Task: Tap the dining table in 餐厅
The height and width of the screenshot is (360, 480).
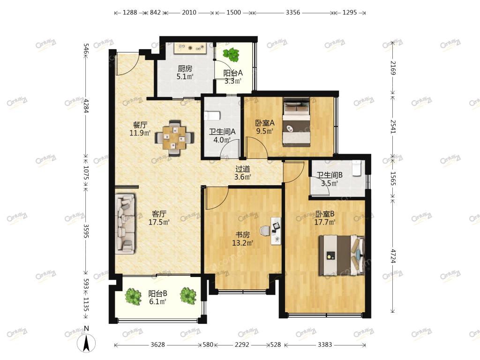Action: (x=174, y=137)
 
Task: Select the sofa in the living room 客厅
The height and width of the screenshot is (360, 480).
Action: (x=125, y=224)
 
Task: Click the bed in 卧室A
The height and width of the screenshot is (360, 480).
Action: (x=296, y=122)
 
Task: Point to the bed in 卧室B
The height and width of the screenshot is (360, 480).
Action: (x=341, y=255)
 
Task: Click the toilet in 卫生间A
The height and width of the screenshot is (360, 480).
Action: (x=212, y=115)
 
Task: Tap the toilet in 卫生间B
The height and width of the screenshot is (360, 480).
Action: (x=357, y=168)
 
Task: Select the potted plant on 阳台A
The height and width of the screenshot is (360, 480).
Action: (x=231, y=54)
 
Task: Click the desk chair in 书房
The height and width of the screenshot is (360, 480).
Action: (x=264, y=230)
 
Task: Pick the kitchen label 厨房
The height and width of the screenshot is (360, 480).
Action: (x=185, y=69)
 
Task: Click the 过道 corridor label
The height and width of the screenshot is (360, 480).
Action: (x=243, y=169)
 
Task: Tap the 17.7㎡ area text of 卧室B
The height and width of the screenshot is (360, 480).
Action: (x=325, y=222)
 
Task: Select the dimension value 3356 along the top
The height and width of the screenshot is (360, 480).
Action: (x=293, y=13)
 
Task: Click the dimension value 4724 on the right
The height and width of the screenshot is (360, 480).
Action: (x=393, y=256)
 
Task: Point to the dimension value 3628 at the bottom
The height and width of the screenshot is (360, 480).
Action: (x=157, y=345)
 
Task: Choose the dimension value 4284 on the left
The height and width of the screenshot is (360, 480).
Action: (x=86, y=105)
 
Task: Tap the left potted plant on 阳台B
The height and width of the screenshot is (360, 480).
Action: (x=133, y=296)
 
